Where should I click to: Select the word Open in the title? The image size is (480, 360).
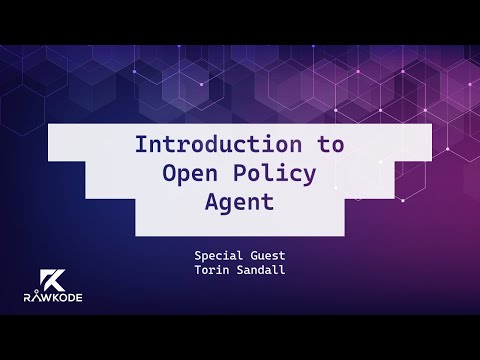tap(191, 172)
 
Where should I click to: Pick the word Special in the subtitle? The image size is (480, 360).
tap(219, 255)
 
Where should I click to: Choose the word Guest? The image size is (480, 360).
tap(267, 255)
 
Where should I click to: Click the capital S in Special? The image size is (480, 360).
tap(198, 255)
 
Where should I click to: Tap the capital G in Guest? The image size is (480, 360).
tap(251, 255)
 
